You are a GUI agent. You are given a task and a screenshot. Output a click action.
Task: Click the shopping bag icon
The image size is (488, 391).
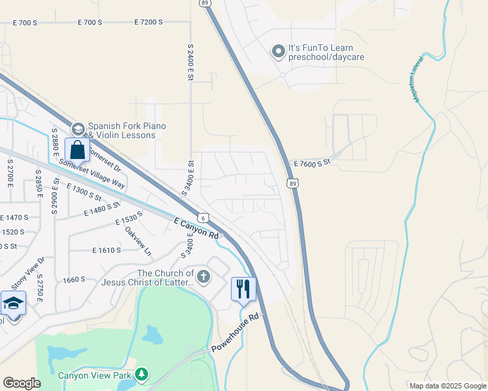point(77,149)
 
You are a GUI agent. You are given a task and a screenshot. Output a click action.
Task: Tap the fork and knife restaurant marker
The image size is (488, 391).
point(243,289)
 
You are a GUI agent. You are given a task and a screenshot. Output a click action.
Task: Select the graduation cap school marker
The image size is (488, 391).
point(13,304)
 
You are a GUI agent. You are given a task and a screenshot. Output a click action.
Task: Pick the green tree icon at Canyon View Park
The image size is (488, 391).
point(142,375)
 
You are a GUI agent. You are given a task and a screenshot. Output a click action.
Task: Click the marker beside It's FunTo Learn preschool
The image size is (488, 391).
point(278,51)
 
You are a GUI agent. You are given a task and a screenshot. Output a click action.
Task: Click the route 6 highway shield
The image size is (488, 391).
point(204,218)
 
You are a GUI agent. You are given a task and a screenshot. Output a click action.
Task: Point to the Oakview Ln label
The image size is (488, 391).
point(138,240)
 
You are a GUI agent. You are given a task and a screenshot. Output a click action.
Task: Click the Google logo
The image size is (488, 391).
point(22,383)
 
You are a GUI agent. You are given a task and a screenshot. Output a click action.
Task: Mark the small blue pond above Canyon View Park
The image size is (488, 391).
point(153,335)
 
